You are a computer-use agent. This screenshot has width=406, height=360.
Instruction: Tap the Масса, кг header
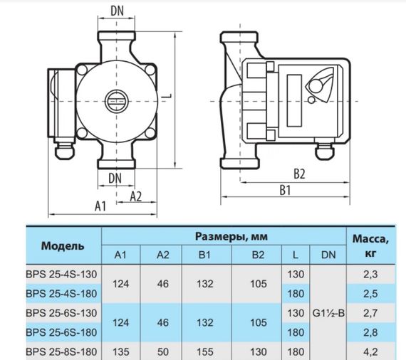(370, 245)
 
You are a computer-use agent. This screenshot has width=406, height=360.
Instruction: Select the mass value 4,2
(370, 351)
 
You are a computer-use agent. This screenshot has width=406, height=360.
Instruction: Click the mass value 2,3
(370, 274)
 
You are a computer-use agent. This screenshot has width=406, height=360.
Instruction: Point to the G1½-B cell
(328, 312)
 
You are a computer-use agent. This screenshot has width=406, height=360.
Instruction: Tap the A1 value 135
(121, 351)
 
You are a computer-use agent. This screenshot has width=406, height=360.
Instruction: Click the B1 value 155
(204, 351)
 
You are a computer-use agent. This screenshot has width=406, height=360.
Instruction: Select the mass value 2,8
(370, 332)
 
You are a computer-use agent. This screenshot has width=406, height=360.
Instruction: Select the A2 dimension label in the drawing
(136, 196)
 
